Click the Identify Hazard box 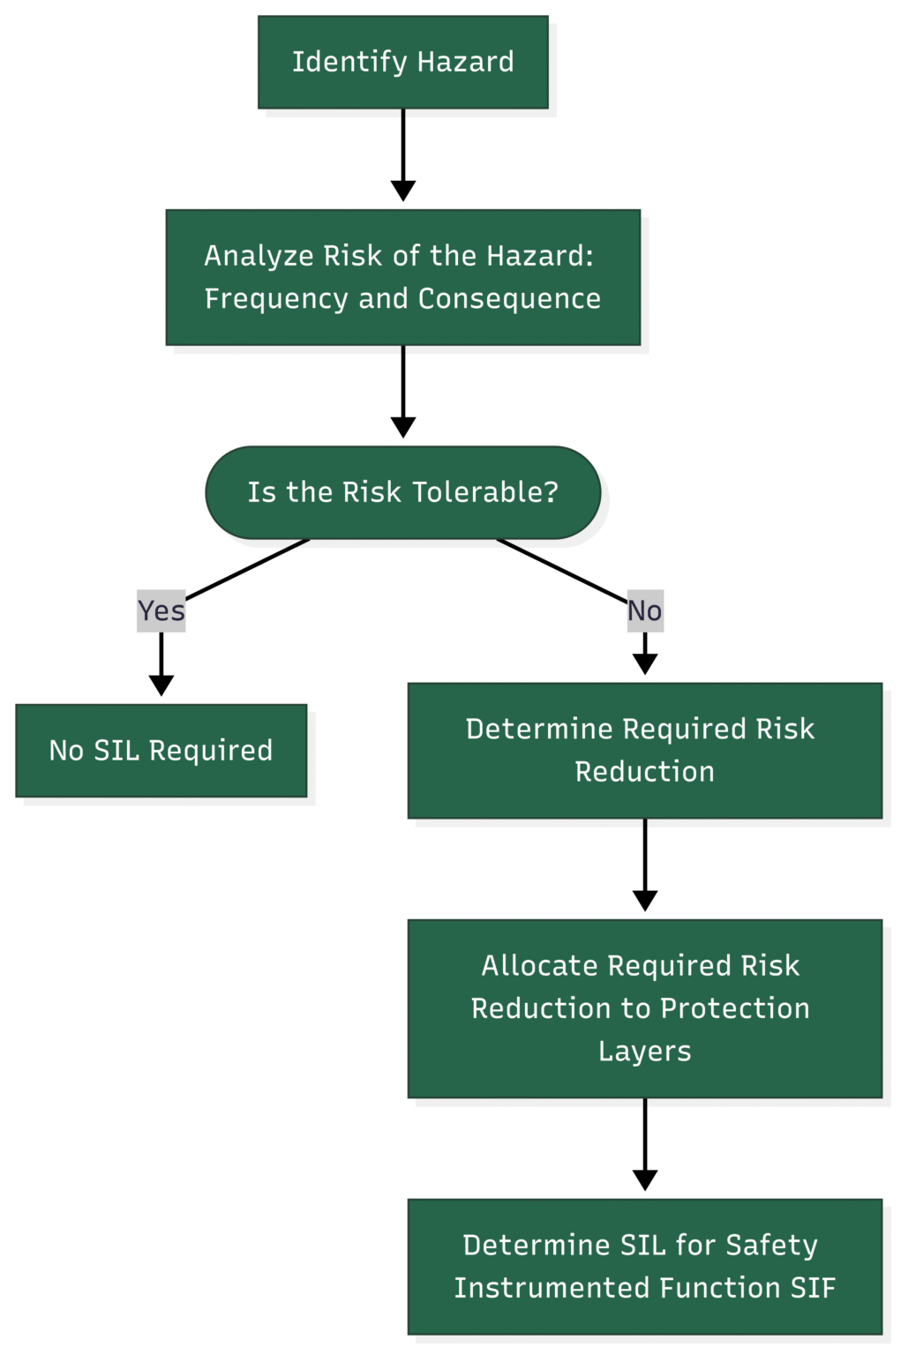[402, 62]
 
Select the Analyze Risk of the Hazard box [402, 277]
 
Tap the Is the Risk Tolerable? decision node [402, 492]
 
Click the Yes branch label [161, 610]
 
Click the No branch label [644, 610]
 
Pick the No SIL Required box [161, 750]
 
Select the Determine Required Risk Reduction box [644, 750]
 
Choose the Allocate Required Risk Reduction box [644, 1008]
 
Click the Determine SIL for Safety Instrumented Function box [644, 1266]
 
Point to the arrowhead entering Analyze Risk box [402, 191]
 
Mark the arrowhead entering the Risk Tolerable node [402, 428]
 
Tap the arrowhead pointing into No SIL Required [161, 685]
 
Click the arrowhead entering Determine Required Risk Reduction [644, 664]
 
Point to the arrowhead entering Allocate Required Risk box [644, 901]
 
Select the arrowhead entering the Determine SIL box [644, 1180]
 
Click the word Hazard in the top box [465, 62]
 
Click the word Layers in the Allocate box [644, 1052]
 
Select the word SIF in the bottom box [812, 1288]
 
